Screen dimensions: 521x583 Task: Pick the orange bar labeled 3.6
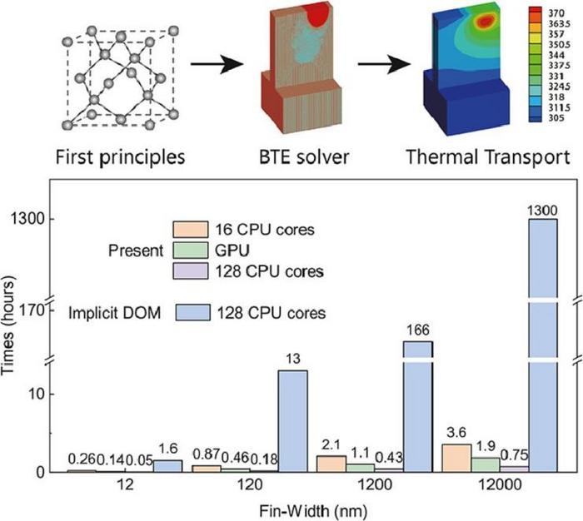tap(457, 458)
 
